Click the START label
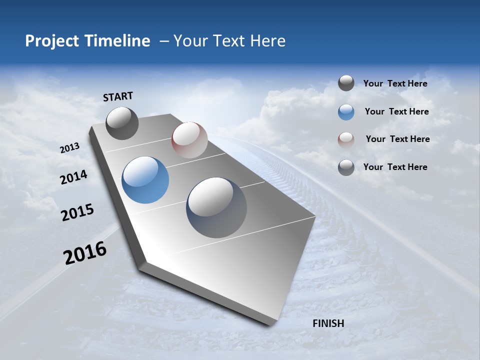coord(118,96)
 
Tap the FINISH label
coord(328,323)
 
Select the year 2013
coord(69,148)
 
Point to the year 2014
coord(73,177)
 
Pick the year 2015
coord(77,212)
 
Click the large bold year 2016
coord(85,253)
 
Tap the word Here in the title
coord(267,41)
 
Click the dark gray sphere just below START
coord(122,123)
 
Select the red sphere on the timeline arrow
coord(189,140)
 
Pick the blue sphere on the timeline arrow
coord(145,180)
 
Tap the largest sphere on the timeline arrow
coord(216,207)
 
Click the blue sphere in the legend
coord(346,112)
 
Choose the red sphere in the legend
coord(346,139)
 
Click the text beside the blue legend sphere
coord(396,111)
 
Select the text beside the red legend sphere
coord(397,139)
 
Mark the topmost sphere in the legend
coord(346,83)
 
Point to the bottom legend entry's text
coord(395,167)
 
